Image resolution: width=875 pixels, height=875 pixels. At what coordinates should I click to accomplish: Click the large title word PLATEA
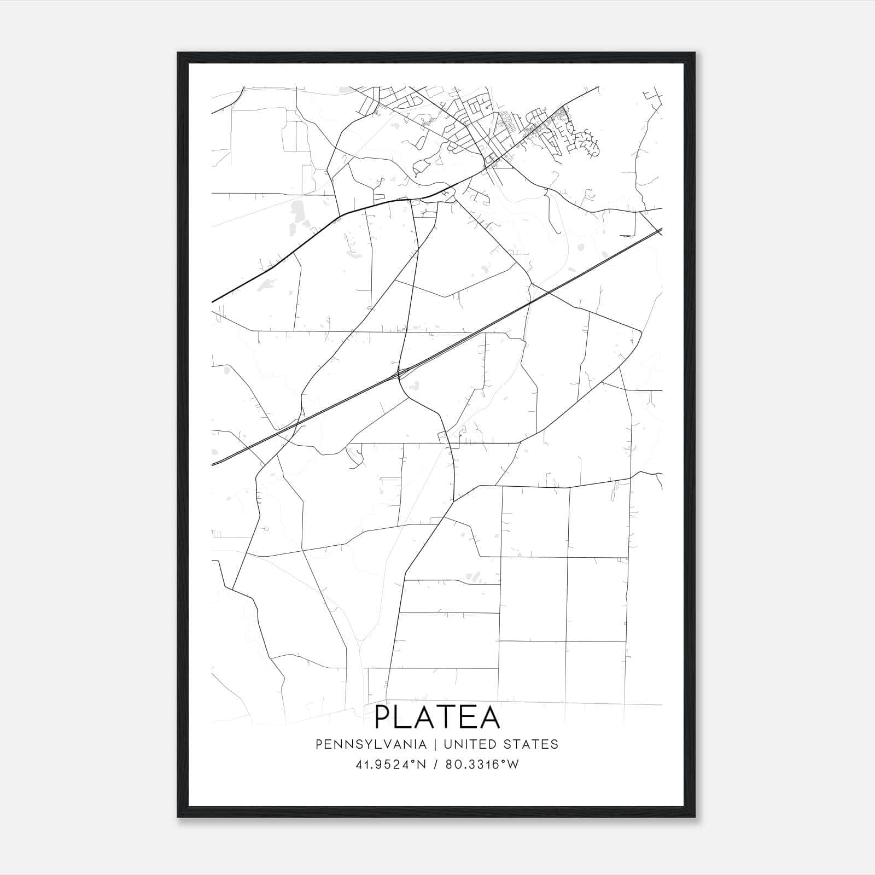[437, 717]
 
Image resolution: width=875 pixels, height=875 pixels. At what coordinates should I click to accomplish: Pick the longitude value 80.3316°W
[482, 765]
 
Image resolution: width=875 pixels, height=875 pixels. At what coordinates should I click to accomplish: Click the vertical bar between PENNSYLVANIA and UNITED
[435, 744]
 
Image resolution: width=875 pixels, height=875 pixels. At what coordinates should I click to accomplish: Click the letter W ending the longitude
[513, 765]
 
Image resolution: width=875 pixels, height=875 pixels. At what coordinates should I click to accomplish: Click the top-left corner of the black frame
[178, 53]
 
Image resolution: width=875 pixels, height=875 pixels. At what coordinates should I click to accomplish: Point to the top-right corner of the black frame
[694, 53]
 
